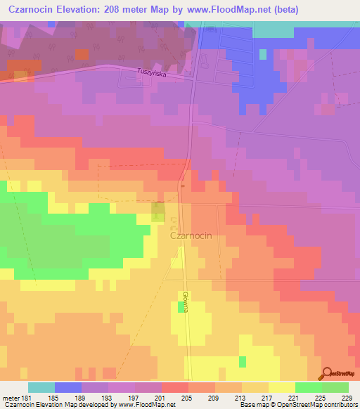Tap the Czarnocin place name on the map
tap(196, 238)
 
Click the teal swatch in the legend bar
tap(41, 387)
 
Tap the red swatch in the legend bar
tap(174, 387)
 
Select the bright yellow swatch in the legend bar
tap(281, 387)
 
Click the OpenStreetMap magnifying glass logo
tap(326, 373)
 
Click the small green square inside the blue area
tap(263, 54)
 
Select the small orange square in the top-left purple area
tap(82, 54)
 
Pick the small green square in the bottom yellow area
tap(243, 361)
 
